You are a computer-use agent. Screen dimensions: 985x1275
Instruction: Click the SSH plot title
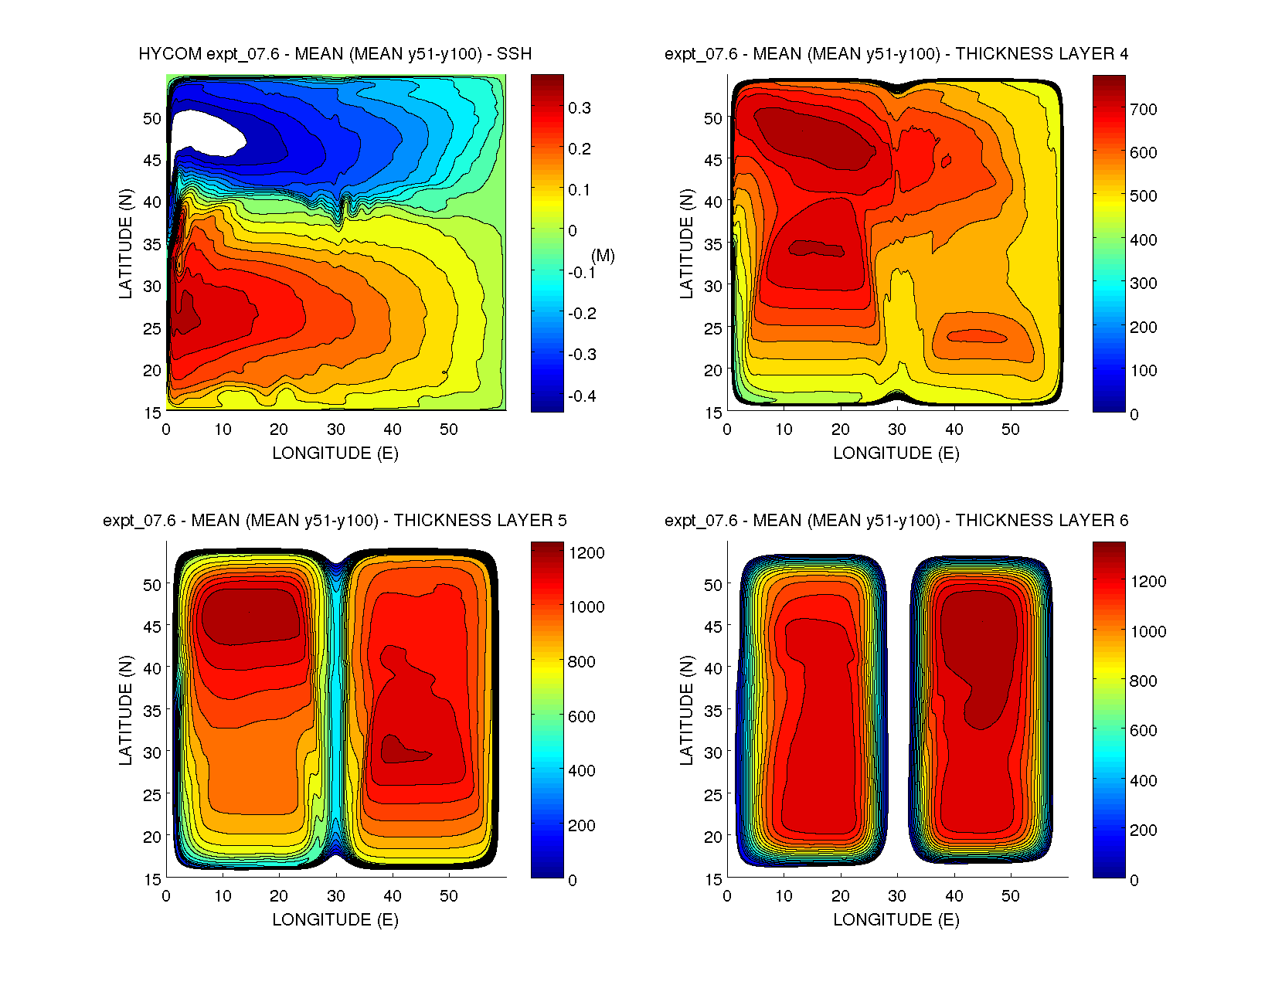coord(335,54)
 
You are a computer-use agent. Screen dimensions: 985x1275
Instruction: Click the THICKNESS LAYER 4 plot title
coord(896,54)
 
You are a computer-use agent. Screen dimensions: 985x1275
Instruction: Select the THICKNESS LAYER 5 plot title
coord(335,521)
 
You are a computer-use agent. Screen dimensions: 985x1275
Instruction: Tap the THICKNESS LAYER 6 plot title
coord(896,521)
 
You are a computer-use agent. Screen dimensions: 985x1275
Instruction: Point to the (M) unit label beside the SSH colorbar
coord(603,256)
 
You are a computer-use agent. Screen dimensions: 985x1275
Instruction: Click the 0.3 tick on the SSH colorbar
coord(580,108)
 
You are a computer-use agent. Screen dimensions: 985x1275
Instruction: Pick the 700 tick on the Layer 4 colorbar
coord(1143,110)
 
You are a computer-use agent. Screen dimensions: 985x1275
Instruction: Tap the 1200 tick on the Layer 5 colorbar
coord(586,553)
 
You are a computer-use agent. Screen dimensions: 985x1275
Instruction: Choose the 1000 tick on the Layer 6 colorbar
coord(1147,632)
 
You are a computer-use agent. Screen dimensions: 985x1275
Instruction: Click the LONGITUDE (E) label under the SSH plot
coord(335,453)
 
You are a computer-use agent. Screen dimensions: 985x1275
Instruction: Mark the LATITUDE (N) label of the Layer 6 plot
coord(686,711)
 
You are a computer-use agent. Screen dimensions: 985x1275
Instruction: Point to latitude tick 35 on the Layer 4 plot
coord(712,245)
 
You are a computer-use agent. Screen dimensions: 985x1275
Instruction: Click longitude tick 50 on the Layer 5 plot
coord(449,896)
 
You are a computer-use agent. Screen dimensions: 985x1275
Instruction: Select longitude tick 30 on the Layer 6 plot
coord(897,896)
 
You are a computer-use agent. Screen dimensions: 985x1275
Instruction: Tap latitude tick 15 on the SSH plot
coord(152,413)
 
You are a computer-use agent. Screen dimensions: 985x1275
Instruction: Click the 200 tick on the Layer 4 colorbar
coord(1143,328)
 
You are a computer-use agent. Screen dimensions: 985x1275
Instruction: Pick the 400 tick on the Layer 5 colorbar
coord(582,771)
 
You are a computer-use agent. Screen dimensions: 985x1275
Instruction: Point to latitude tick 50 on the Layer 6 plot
coord(712,586)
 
